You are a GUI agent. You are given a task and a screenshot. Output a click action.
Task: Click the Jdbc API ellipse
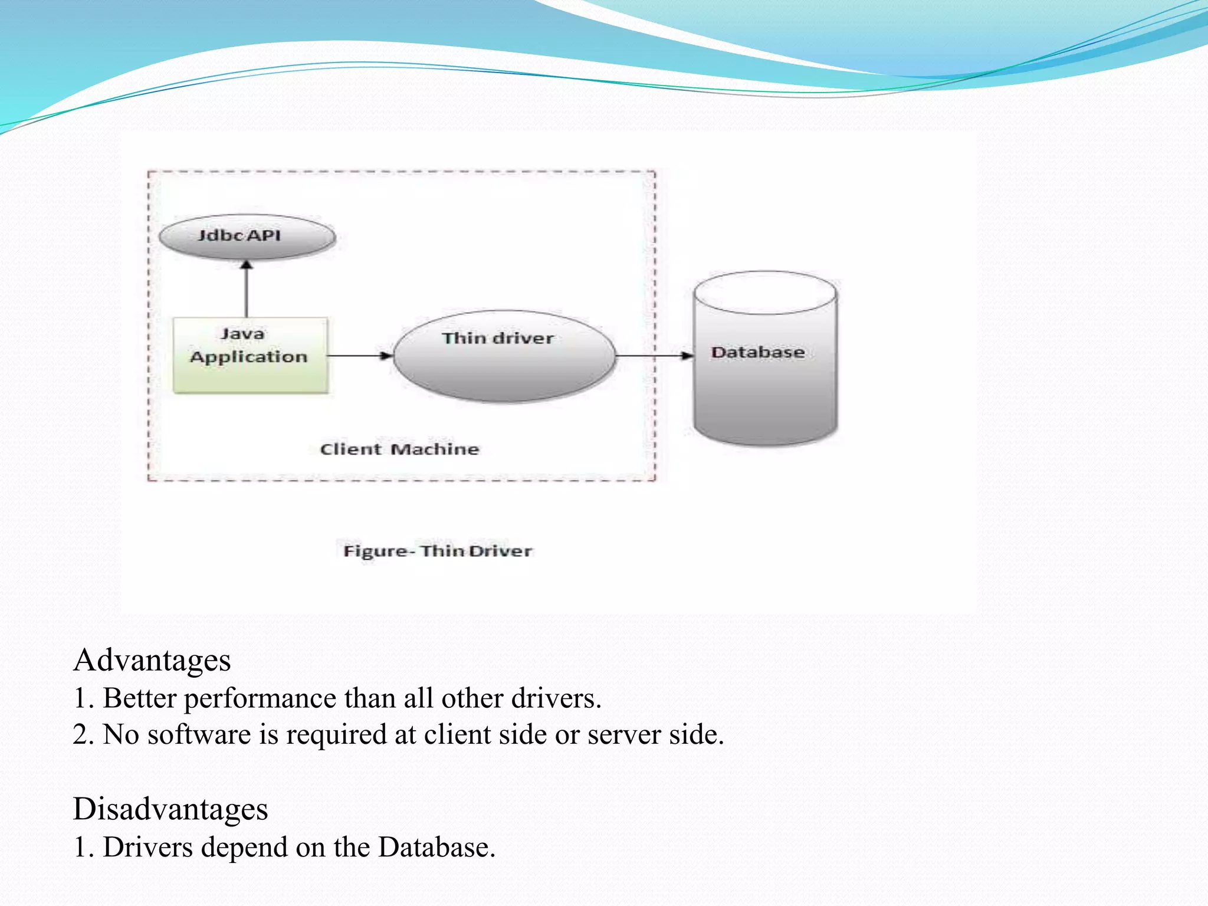pyautogui.click(x=247, y=237)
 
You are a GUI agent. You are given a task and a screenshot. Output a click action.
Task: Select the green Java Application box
pyautogui.click(x=250, y=356)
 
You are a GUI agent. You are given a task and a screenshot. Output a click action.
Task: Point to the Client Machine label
pyautogui.click(x=399, y=449)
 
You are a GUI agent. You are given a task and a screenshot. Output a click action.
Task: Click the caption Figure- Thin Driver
pyautogui.click(x=437, y=551)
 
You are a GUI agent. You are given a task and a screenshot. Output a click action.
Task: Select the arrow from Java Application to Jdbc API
pyautogui.click(x=247, y=289)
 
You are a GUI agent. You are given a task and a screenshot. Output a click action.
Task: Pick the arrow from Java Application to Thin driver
pyautogui.click(x=359, y=356)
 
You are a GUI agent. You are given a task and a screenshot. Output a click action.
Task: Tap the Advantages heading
pyautogui.click(x=152, y=660)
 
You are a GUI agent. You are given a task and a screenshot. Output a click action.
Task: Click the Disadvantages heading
pyautogui.click(x=170, y=809)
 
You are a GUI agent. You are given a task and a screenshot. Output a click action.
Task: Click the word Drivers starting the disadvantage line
pyautogui.click(x=147, y=848)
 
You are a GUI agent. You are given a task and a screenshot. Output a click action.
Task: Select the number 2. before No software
pyautogui.click(x=83, y=736)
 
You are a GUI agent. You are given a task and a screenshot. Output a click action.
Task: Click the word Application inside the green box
pyautogui.click(x=249, y=357)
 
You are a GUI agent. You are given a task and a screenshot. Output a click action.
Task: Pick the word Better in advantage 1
pyautogui.click(x=140, y=699)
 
